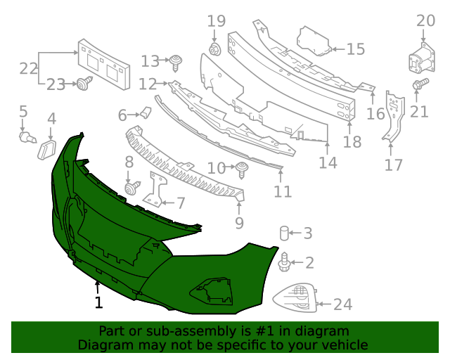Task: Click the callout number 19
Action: pyautogui.click(x=215, y=22)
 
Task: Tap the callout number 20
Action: pyautogui.click(x=425, y=21)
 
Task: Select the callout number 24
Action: pyautogui.click(x=342, y=304)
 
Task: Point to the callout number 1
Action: pyautogui.click(x=98, y=302)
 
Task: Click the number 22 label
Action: pyautogui.click(x=28, y=69)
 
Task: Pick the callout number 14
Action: pyautogui.click(x=328, y=162)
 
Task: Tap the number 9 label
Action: pyautogui.click(x=239, y=223)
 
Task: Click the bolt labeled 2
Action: pyautogui.click(x=285, y=263)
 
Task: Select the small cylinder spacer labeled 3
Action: pyautogui.click(x=285, y=232)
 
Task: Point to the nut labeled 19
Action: pyautogui.click(x=215, y=49)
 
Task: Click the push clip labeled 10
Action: pyautogui.click(x=243, y=168)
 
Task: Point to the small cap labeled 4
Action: pyautogui.click(x=48, y=148)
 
